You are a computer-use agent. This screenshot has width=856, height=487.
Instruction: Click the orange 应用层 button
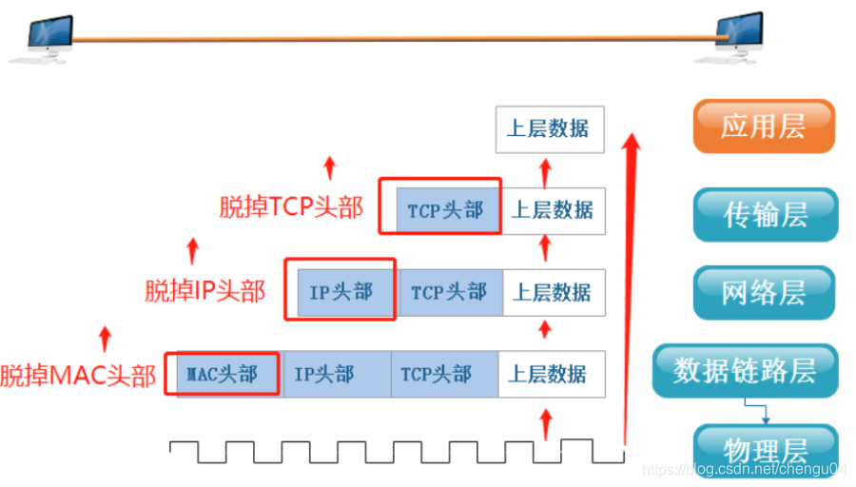tap(764, 127)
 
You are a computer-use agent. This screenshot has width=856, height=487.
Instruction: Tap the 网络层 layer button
tap(764, 293)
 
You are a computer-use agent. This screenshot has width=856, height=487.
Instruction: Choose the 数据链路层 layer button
tap(745, 371)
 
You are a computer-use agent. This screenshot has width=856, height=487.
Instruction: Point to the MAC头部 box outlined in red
tap(222, 374)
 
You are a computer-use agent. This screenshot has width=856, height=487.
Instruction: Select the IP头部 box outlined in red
tap(340, 290)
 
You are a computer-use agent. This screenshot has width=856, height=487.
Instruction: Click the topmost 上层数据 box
tap(549, 129)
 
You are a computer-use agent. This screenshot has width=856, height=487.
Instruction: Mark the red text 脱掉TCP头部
tap(291, 207)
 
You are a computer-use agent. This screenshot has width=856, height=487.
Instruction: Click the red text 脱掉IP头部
tap(204, 290)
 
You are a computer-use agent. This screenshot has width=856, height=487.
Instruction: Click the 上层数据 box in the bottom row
tap(552, 374)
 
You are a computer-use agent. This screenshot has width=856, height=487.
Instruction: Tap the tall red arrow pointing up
tap(630, 285)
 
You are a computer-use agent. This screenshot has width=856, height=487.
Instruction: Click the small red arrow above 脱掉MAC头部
tap(105, 337)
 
